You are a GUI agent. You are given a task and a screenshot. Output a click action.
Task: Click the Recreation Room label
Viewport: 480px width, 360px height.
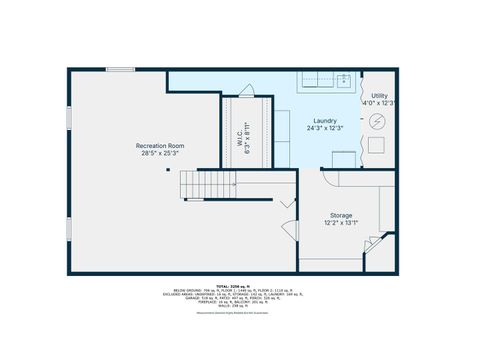tap(160, 146)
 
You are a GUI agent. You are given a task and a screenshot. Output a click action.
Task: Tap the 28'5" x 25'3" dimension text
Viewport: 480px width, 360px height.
tap(160, 154)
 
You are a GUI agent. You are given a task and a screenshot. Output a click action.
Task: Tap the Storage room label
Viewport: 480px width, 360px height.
tap(341, 215)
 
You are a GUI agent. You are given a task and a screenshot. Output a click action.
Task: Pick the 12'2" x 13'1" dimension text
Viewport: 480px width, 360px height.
tap(341, 223)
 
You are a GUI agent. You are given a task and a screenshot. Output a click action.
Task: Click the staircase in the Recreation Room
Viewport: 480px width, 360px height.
tap(199, 184)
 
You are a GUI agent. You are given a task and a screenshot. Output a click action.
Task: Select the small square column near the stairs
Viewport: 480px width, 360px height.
tap(168, 170)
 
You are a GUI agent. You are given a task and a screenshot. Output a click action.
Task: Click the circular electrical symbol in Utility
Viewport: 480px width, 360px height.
tap(378, 121)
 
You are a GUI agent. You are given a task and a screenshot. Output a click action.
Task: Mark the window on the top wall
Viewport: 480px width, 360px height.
tap(121, 69)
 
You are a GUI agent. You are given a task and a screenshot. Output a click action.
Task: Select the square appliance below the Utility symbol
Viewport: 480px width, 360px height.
tap(378, 143)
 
